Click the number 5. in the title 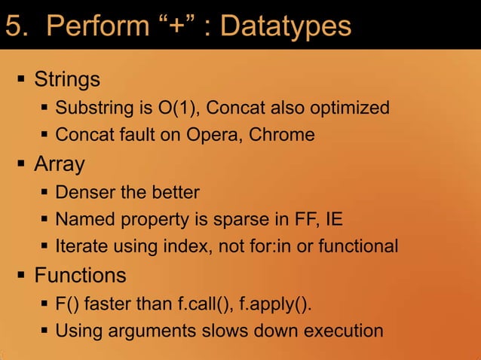(x=18, y=26)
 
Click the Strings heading (x=67, y=79)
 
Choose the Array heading (x=59, y=163)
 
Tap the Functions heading (x=80, y=275)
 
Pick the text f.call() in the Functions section (x=204, y=304)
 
